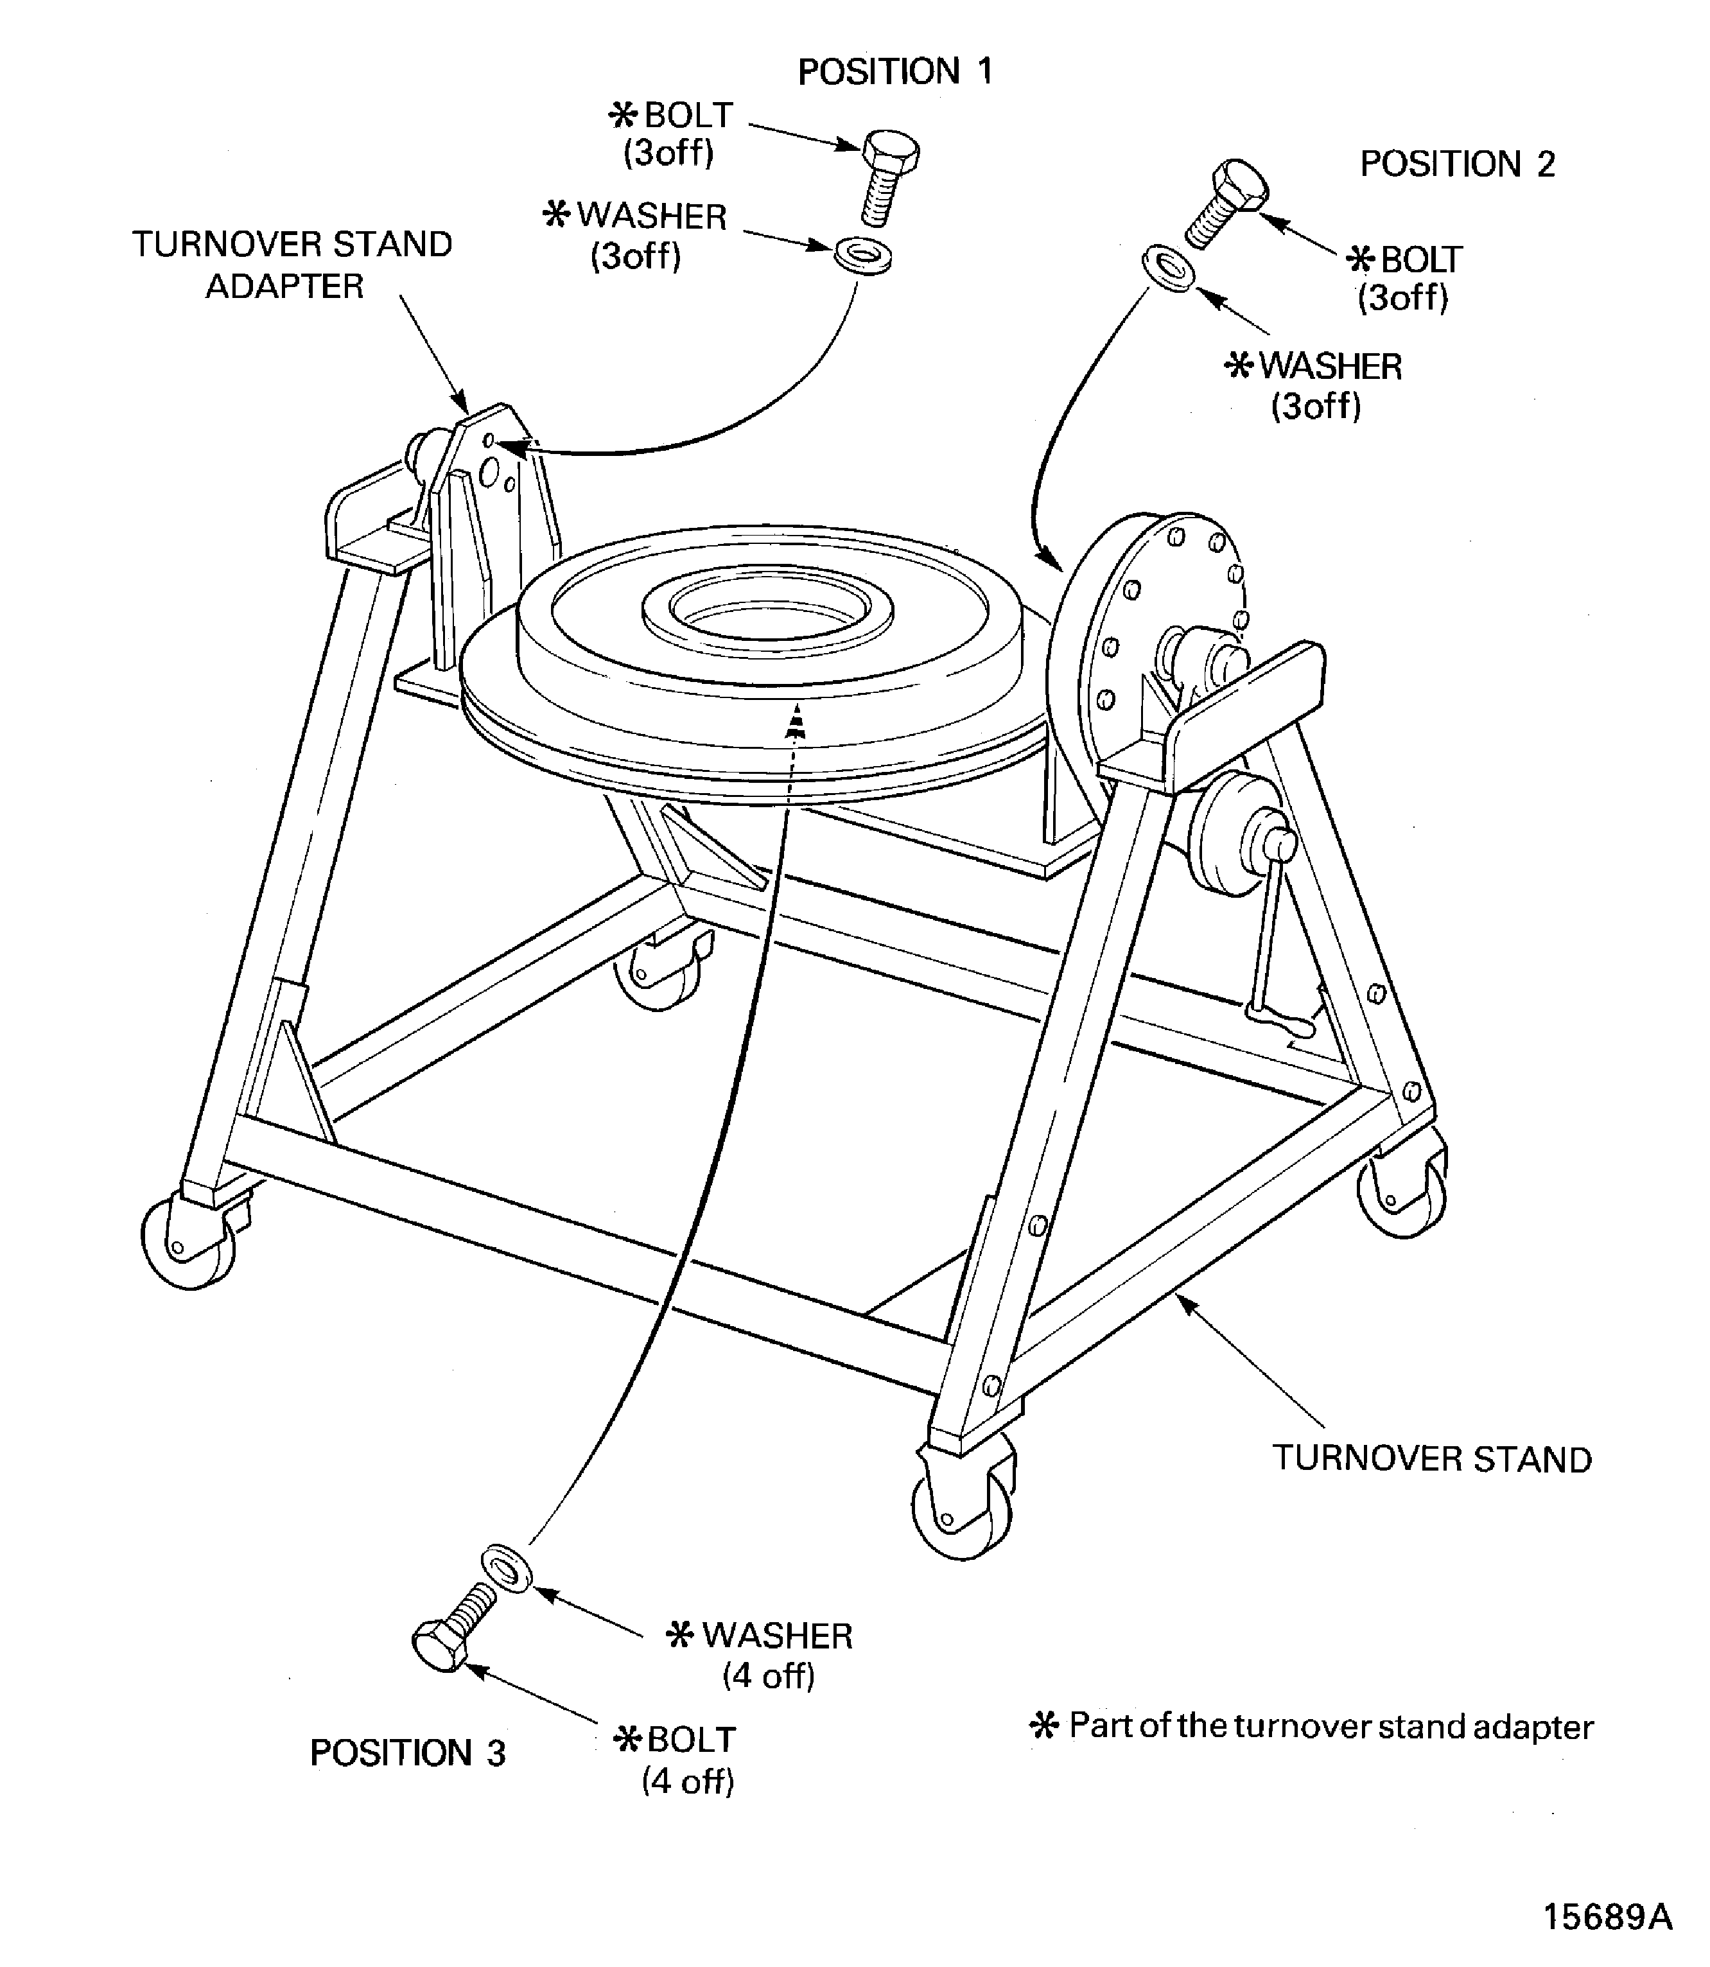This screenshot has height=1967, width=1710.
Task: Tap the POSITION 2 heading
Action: coord(1456,164)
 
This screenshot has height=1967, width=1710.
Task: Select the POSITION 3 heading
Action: coord(408,1753)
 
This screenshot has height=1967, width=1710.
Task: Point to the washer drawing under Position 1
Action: coord(862,257)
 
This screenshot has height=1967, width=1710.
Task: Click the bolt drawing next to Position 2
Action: coord(1227,202)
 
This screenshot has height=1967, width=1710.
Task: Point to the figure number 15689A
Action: coord(1607,1916)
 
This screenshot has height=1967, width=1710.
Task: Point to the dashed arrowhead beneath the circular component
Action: coord(794,724)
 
